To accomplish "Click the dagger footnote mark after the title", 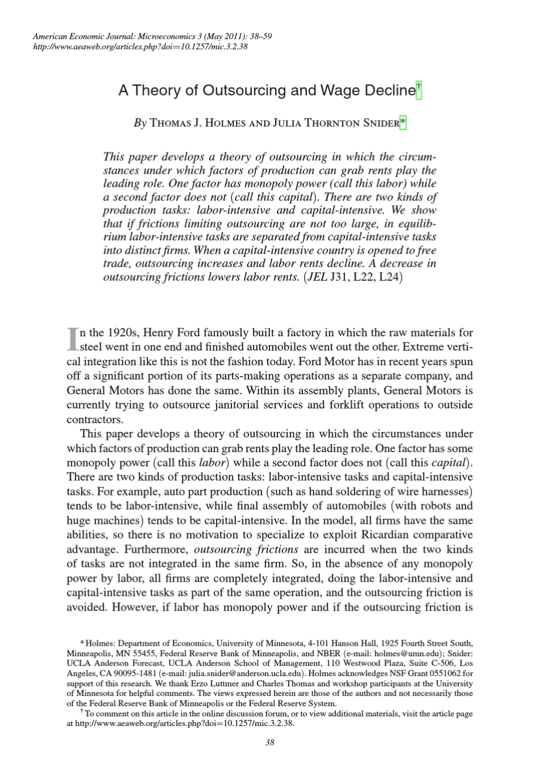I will point(419,90).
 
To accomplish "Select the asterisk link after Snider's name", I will point(403,122).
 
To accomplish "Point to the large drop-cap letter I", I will point(72,339).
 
